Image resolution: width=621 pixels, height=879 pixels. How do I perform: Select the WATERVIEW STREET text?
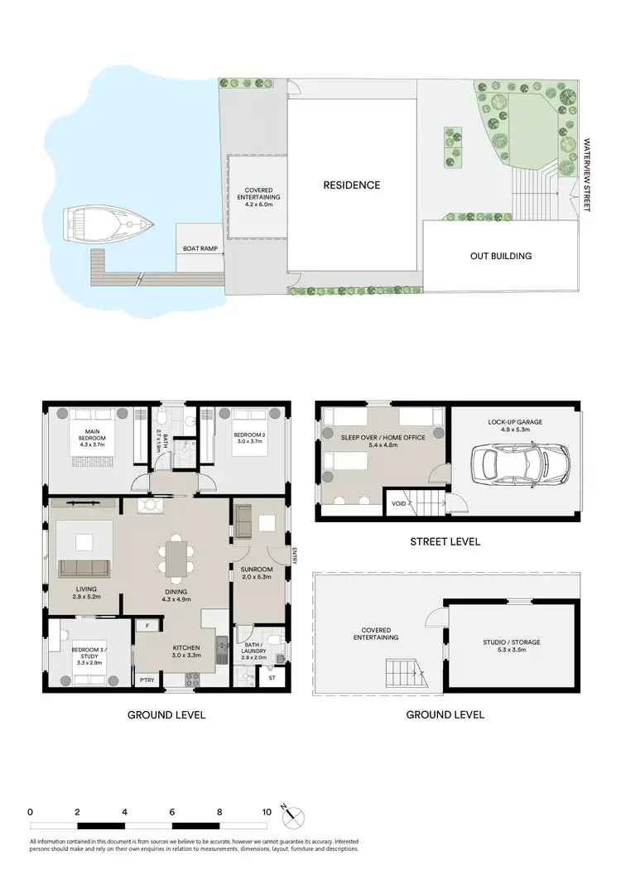586,175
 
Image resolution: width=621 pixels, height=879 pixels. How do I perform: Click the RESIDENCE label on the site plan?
351,185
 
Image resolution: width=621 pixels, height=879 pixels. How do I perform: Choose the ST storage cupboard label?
272,678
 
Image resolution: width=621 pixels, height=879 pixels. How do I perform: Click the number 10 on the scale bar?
267,813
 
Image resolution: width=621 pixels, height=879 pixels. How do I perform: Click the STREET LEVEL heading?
445,542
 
